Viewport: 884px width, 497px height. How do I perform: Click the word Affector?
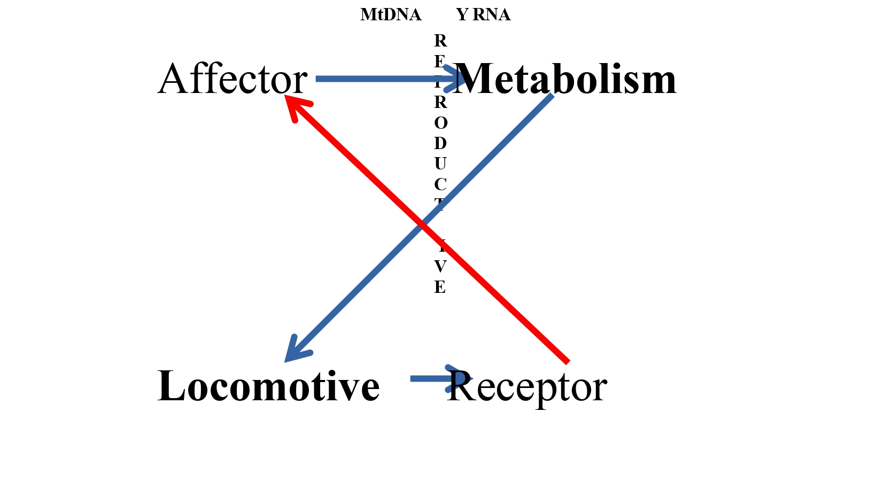point(232,79)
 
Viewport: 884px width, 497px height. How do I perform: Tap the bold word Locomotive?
point(268,386)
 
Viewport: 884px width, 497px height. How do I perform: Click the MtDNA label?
point(391,15)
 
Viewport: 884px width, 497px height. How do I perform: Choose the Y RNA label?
point(483,15)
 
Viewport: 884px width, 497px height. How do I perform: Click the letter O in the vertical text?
point(440,123)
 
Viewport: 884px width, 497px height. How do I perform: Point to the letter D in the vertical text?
point(440,143)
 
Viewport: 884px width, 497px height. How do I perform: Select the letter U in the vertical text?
point(440,164)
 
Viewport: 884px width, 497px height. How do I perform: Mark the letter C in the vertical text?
point(440,184)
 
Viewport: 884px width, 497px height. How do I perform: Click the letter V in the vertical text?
point(440,266)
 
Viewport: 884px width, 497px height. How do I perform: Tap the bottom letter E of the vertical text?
point(440,287)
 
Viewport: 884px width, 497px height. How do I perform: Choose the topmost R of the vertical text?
point(440,41)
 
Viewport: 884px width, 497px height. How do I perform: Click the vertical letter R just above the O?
point(440,102)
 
